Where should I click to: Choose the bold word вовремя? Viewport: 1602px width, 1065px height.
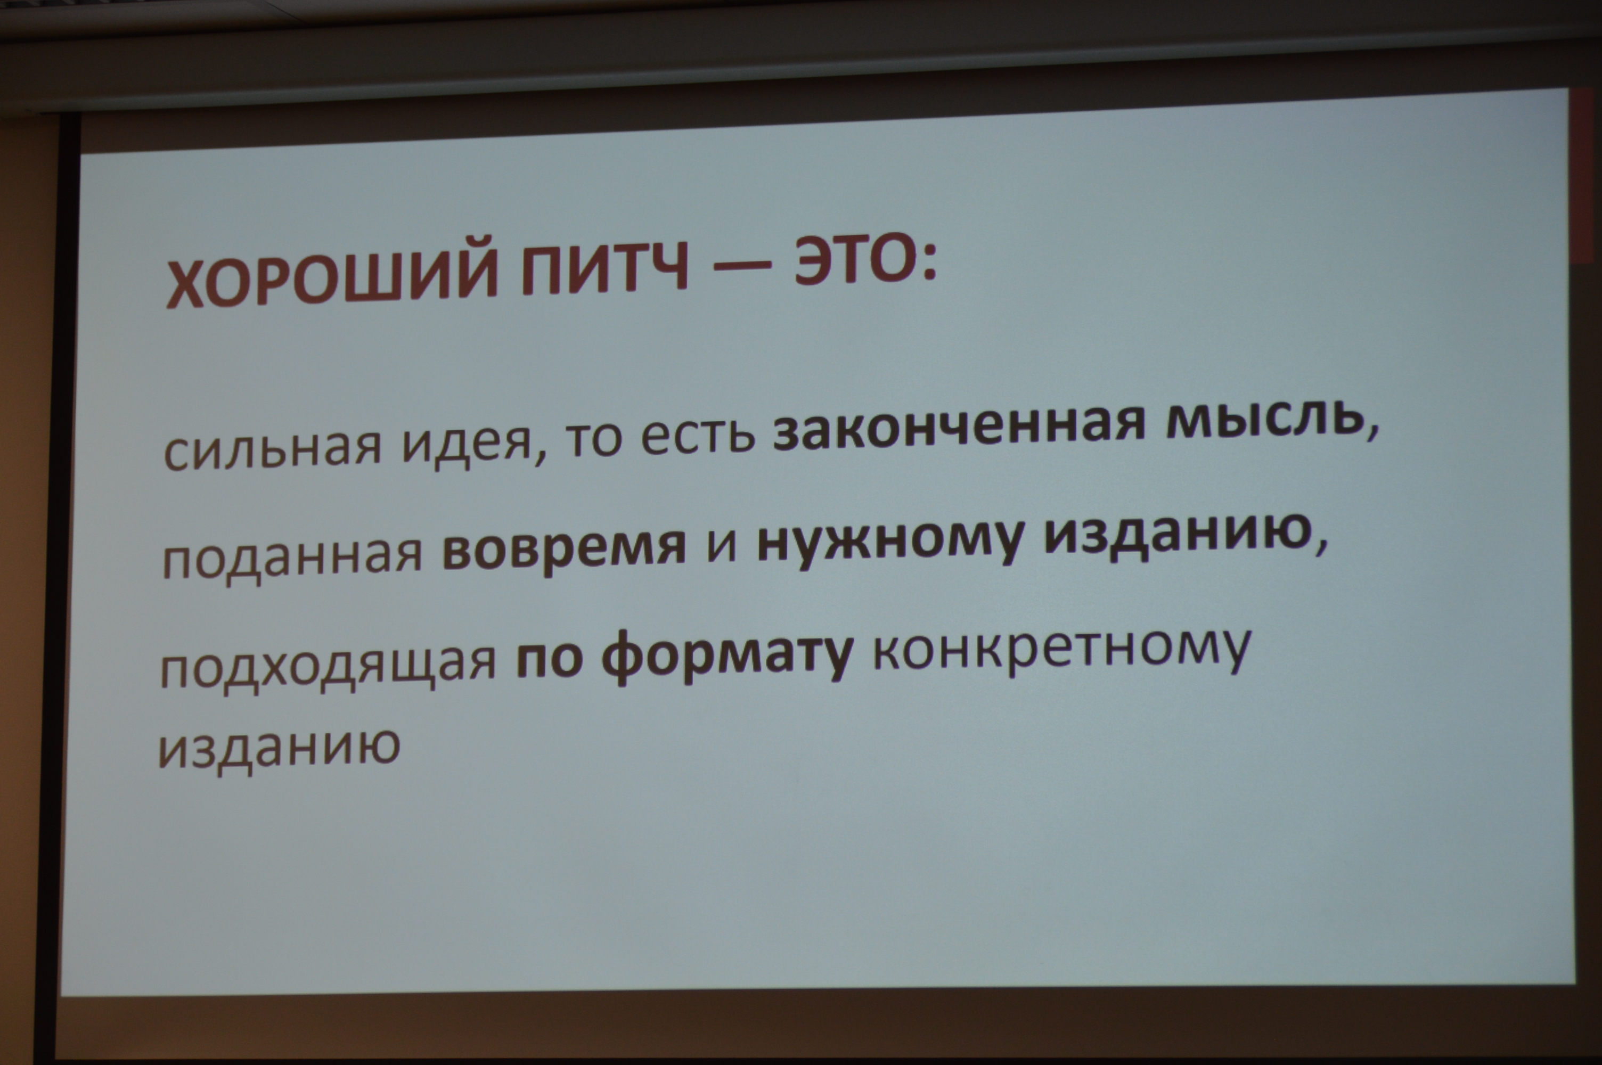click(x=563, y=550)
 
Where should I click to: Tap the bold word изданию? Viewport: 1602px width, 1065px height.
click(x=1182, y=537)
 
